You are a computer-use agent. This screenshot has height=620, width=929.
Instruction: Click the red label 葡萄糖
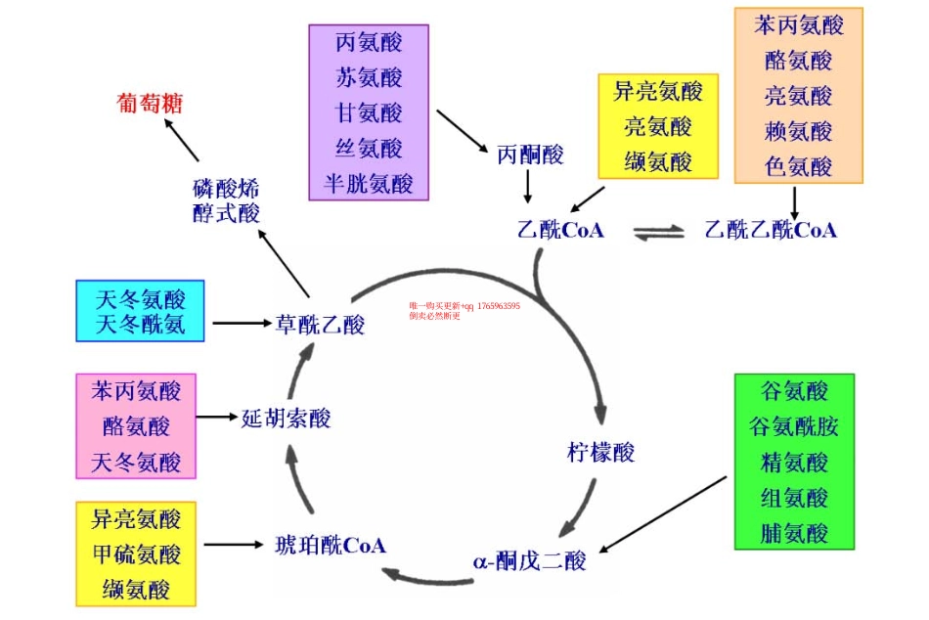coord(150,104)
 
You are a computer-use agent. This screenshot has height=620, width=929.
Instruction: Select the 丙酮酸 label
coord(530,155)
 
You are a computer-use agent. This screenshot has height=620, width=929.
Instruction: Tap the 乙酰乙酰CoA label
coord(771,231)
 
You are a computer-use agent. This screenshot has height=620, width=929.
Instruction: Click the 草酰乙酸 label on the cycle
coord(320,324)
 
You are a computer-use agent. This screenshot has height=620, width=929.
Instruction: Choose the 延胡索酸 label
coord(286,419)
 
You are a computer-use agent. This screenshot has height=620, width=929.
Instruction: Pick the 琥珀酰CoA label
coord(331,545)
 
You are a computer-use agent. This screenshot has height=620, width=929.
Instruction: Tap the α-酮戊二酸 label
coord(529,561)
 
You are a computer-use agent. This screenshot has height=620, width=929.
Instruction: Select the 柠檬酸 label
coord(600,453)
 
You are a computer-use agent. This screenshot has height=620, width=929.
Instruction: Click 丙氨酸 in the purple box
coord(369,43)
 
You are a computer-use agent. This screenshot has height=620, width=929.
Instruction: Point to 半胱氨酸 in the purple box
coord(369,183)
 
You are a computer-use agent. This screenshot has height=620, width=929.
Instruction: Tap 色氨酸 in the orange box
coord(798,166)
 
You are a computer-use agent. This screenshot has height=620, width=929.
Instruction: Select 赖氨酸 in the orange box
coord(798,131)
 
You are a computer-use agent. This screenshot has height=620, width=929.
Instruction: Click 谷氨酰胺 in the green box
coord(794,427)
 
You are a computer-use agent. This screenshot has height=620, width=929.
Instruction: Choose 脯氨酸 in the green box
coord(794,533)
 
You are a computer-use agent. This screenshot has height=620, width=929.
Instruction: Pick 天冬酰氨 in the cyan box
coord(141,324)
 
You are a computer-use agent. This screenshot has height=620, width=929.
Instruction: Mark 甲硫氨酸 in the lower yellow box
coord(136,554)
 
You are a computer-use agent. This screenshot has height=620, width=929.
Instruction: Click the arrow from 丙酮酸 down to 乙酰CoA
coord(527,186)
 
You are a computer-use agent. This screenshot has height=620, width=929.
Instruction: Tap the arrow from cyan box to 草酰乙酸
coord(241,323)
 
